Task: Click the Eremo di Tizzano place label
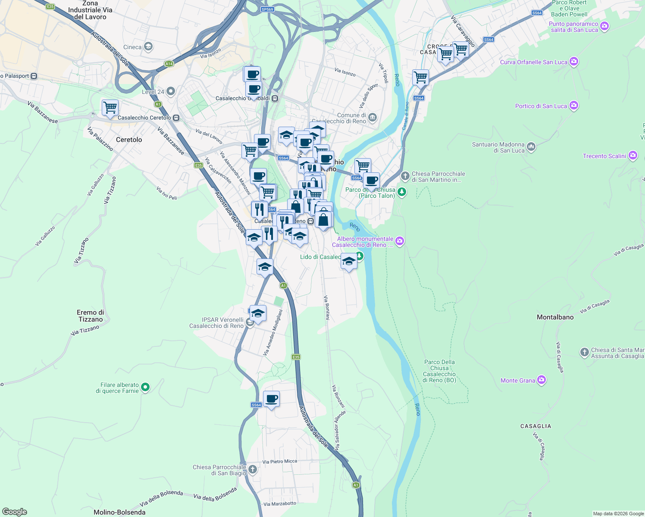pos(91,316)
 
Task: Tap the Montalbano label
pos(555,317)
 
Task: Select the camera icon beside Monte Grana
pos(542,380)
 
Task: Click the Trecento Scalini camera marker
pos(632,156)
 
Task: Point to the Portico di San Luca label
pos(541,106)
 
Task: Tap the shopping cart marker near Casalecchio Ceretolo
pos(110,107)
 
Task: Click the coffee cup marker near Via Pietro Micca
pos(271,399)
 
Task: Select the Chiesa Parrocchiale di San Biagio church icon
pos(253,469)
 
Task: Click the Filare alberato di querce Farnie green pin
pos(145,387)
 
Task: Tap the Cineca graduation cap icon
pos(148,47)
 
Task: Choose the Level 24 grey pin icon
pos(171,91)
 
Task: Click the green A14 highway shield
pos(169,64)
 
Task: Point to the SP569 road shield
pos(267,9)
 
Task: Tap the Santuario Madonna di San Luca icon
pos(531,147)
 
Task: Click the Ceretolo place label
pos(129,140)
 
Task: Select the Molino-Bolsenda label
pos(119,512)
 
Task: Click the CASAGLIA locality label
pos(535,426)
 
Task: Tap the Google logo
pos(15,512)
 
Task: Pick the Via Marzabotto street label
pos(280,504)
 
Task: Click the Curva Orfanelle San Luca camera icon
pos(573,62)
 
